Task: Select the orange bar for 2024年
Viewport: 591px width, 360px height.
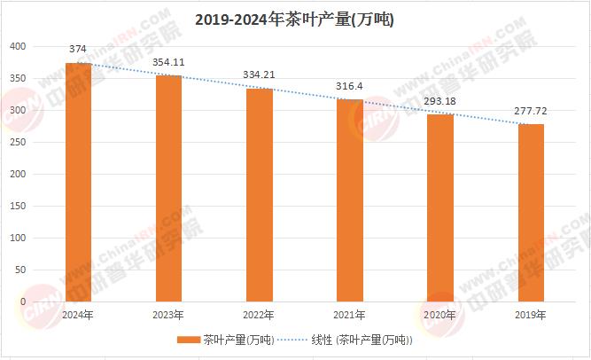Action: pyautogui.click(x=78, y=182)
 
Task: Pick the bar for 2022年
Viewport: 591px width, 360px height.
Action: pyautogui.click(x=260, y=195)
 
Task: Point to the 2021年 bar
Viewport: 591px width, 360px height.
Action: pyautogui.click(x=350, y=200)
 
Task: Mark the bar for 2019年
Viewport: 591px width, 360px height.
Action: pyautogui.click(x=531, y=213)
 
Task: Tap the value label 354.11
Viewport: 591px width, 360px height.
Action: pyautogui.click(x=168, y=62)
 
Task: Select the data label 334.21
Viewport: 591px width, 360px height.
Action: pyautogui.click(x=260, y=75)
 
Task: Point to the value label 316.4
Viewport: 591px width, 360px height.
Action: pyautogui.click(x=350, y=87)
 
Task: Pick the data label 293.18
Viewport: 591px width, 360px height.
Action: pyautogui.click(x=440, y=101)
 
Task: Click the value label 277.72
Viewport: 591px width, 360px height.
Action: pyautogui.click(x=531, y=112)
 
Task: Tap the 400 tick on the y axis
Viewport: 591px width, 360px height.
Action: pyautogui.click(x=19, y=46)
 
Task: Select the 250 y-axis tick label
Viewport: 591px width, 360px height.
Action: pyautogui.click(x=19, y=142)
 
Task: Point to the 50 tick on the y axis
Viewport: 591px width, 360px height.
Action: pyautogui.click(x=22, y=270)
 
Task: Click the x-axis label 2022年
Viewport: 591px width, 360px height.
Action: pyautogui.click(x=260, y=315)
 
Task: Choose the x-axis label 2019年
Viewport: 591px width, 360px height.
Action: pyautogui.click(x=531, y=315)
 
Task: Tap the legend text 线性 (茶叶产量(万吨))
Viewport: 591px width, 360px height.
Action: pyautogui.click(x=363, y=340)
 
